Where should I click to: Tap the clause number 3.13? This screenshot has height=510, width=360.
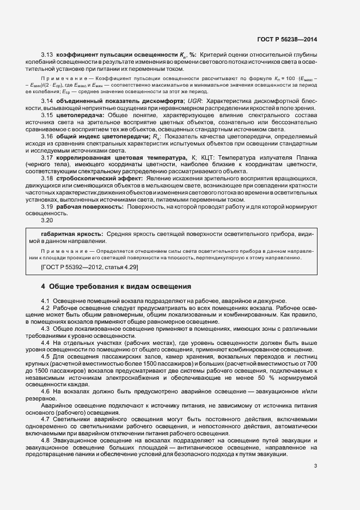[46, 55]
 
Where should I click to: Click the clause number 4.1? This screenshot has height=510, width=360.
[46, 301]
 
